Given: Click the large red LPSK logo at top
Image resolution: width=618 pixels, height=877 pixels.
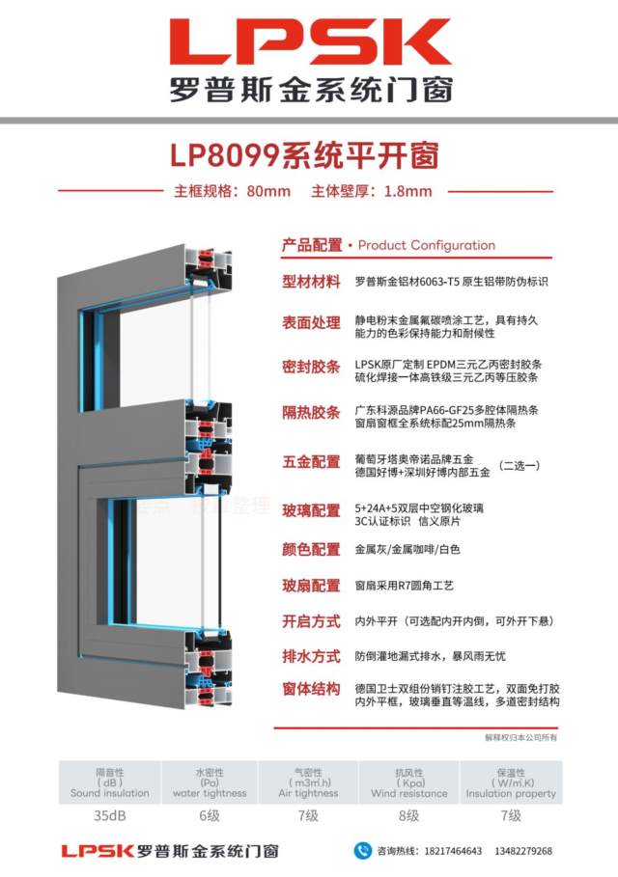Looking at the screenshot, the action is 311,41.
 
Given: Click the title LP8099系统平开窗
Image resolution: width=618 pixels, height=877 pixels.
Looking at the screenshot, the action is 304,155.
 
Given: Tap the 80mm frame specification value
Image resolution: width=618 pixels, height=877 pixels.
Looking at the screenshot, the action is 268,191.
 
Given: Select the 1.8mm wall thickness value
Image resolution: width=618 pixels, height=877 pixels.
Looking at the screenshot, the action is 408,191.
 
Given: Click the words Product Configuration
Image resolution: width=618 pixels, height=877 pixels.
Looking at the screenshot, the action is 427,245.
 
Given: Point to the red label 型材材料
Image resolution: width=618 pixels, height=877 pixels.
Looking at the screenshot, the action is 311,282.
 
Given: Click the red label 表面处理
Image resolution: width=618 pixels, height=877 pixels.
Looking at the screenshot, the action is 311,322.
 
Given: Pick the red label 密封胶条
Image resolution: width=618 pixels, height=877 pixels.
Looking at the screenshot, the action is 311,367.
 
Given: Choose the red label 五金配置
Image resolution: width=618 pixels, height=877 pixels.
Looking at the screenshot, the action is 311,462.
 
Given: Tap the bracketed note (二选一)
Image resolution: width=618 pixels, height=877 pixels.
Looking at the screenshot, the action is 519,465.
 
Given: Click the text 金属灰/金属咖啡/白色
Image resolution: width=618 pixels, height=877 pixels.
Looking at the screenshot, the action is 407,549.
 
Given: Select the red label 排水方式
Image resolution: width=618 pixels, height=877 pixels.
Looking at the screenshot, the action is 311,656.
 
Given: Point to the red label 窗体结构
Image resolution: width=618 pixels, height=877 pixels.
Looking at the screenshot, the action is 311,689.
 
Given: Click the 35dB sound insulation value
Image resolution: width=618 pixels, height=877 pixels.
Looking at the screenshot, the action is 110,815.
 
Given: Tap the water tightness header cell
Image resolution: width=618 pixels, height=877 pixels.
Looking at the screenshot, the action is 210,782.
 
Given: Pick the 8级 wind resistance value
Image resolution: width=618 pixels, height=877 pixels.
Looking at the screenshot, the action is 408,815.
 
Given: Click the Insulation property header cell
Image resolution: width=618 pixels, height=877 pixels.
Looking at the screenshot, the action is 511,782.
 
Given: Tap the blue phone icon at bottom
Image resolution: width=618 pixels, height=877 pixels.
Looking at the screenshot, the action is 363,851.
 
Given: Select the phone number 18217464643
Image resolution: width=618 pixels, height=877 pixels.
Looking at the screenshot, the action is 453,851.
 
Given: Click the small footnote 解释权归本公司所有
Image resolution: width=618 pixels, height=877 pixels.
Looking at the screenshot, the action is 520,737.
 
